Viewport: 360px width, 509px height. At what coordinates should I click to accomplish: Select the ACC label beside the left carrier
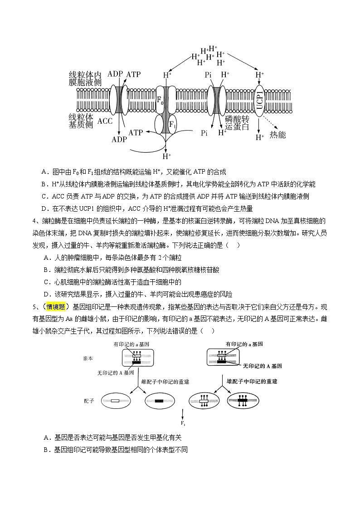[x=105, y=121]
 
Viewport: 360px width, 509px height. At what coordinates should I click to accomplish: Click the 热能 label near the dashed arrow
[x=277, y=134]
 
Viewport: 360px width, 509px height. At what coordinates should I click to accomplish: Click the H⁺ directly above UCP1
[x=259, y=74]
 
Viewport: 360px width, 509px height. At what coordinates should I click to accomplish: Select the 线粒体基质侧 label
[x=81, y=121]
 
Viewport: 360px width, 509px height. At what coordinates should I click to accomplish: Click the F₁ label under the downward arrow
[x=183, y=424]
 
